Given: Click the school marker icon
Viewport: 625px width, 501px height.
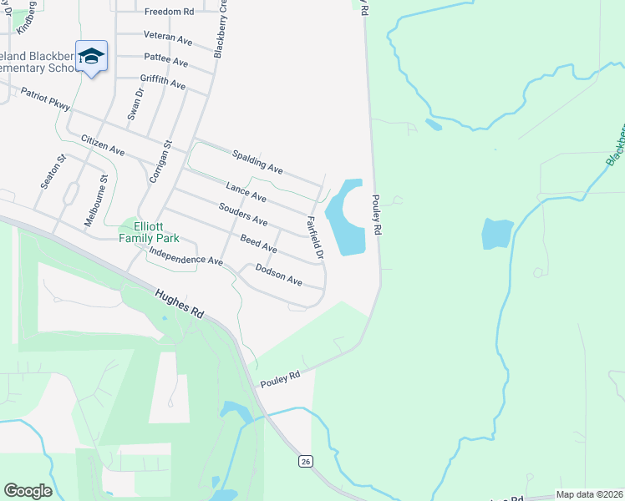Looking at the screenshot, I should click(x=91, y=57).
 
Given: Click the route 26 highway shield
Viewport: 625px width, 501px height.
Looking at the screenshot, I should click(x=306, y=461).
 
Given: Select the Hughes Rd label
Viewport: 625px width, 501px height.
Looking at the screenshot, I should click(x=180, y=301).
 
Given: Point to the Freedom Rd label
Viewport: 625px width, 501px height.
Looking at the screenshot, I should click(x=169, y=12).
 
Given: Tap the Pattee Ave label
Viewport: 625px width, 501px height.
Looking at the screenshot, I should click(x=165, y=60).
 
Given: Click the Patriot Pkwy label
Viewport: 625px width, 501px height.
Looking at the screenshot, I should click(x=47, y=101).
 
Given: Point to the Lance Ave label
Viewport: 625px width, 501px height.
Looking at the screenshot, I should click(x=246, y=192).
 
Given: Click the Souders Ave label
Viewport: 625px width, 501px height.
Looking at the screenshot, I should click(x=242, y=215).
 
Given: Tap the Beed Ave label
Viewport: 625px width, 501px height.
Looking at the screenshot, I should click(x=258, y=244).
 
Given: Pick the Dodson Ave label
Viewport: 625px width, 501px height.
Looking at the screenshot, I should click(x=278, y=276).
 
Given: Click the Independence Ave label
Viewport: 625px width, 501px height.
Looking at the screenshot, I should click(x=185, y=256).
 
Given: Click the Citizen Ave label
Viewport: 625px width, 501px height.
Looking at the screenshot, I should click(x=103, y=144).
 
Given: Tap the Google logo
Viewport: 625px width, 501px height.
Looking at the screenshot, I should click(x=28, y=491).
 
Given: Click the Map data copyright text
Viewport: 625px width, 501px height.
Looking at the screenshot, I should click(x=590, y=494).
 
